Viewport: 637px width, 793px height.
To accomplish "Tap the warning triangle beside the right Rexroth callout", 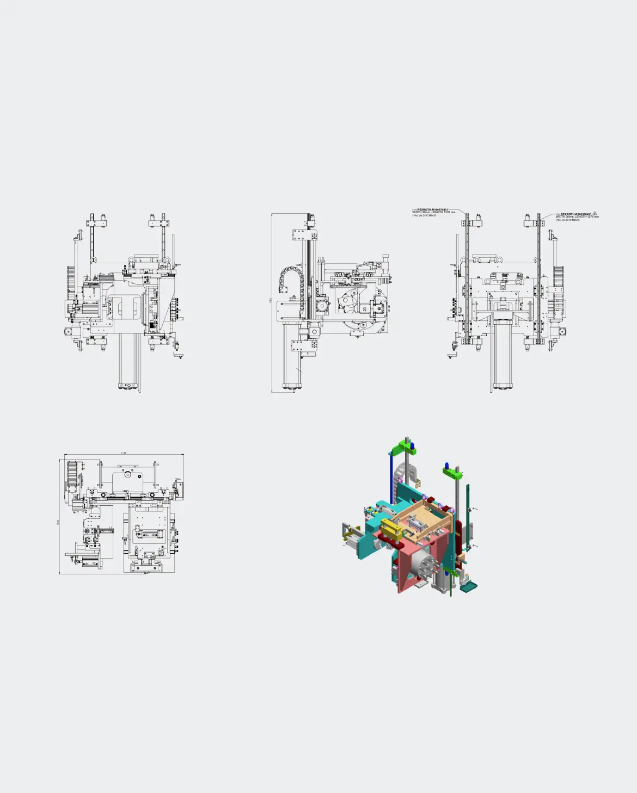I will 595,214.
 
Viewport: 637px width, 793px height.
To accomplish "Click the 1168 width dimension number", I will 124,453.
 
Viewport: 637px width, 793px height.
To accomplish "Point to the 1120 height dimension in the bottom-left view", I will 58,522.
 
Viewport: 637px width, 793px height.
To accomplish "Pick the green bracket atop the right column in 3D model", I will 452,473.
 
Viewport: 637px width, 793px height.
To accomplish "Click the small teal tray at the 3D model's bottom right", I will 468,586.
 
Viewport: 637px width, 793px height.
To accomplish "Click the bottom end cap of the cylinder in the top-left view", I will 128,386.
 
